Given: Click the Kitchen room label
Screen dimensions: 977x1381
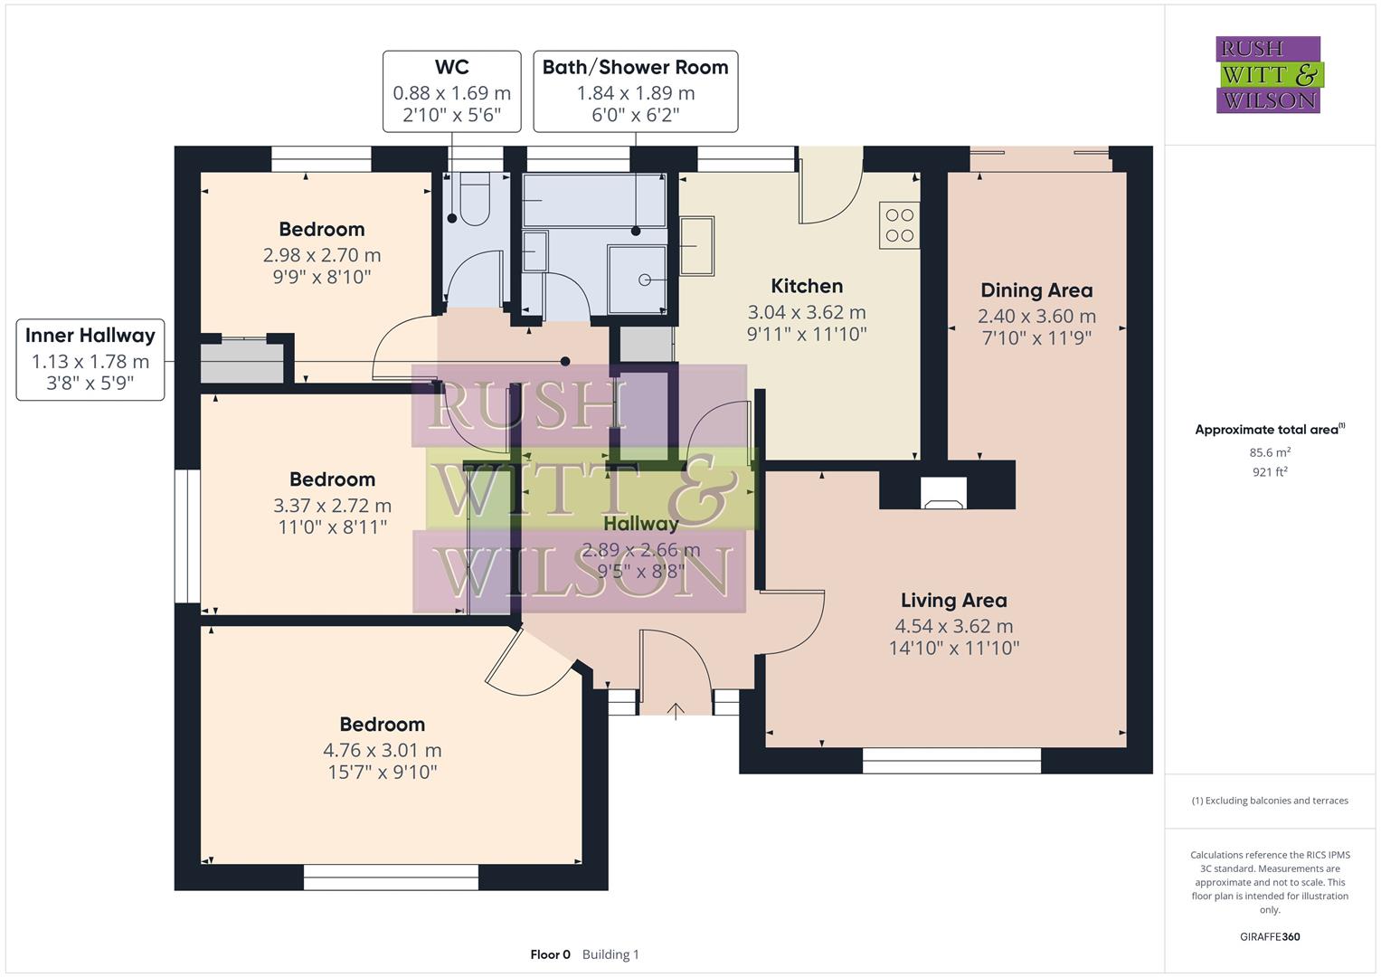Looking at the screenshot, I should tap(807, 287).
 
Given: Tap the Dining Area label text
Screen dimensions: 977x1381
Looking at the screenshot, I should tap(1036, 291).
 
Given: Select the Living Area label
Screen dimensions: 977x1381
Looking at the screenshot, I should tap(953, 601).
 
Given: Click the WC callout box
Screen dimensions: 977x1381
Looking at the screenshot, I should tap(451, 91).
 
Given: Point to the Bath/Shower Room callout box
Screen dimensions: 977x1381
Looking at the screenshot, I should tap(635, 91).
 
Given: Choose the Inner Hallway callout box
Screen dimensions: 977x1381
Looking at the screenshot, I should tap(90, 359).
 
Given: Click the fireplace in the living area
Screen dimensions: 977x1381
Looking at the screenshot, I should tap(943, 494).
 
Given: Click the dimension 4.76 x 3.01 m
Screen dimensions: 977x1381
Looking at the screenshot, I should tap(382, 750).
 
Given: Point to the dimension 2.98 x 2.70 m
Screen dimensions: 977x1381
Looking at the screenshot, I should tap(322, 255).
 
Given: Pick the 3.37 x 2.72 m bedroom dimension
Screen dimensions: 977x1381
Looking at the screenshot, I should tap(332, 506).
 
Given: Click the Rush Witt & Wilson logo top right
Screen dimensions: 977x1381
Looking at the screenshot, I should tap(1268, 75).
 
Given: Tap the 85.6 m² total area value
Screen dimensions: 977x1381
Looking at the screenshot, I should tap(1270, 452).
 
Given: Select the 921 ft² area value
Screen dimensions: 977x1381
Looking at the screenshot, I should tap(1270, 472).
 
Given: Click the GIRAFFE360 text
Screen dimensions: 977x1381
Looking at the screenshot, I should tap(1270, 937).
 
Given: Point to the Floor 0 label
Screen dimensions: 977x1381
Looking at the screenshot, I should tap(550, 954).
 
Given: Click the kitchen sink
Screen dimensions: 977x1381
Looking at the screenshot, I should tap(696, 245).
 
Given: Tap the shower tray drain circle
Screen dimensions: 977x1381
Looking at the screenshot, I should tap(645, 280).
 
